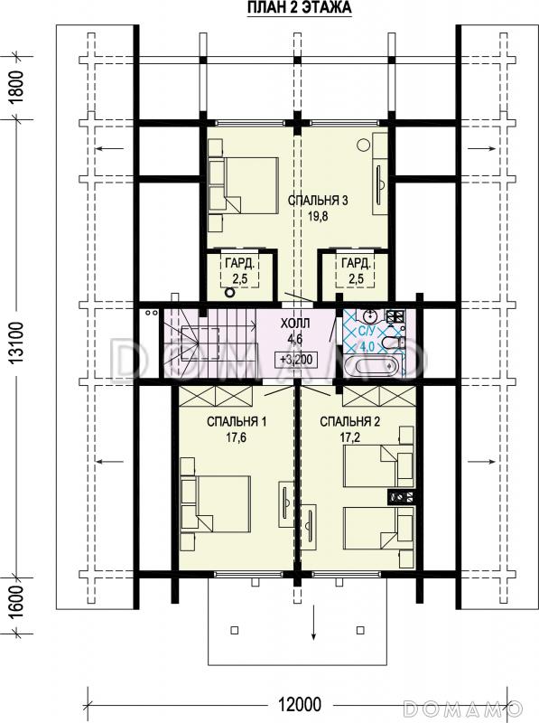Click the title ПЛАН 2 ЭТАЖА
(x=300, y=8)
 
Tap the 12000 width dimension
(x=299, y=705)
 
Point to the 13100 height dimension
(x=16, y=343)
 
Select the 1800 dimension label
(x=16, y=88)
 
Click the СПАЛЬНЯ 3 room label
(x=318, y=200)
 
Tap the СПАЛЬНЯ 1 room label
(x=237, y=421)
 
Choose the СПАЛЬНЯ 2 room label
(x=350, y=421)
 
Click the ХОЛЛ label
(x=295, y=324)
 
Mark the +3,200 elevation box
(x=296, y=359)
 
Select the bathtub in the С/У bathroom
(x=374, y=365)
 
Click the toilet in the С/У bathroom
(x=392, y=343)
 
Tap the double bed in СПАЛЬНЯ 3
(x=243, y=185)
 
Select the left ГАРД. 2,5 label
(x=239, y=270)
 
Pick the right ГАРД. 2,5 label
(x=356, y=270)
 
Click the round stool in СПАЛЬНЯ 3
(x=364, y=145)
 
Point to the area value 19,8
(x=318, y=216)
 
